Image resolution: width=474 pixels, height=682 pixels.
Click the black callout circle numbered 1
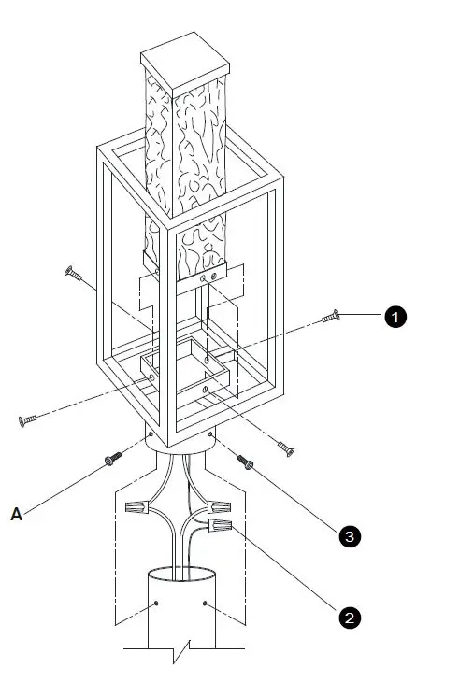pos(395,318)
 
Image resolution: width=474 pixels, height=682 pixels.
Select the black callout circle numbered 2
pos(348,618)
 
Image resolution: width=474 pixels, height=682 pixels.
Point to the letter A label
pos(16,513)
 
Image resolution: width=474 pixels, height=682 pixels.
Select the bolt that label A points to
pos(114,459)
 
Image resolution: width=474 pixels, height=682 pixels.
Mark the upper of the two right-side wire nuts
pos(221,507)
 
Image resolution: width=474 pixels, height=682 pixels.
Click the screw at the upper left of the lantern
pos(73,274)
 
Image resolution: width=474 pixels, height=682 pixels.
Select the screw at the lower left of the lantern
pos(27,421)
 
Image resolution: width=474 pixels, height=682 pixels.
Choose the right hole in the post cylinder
pos(205,604)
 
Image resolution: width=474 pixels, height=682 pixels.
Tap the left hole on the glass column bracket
pos(203,278)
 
